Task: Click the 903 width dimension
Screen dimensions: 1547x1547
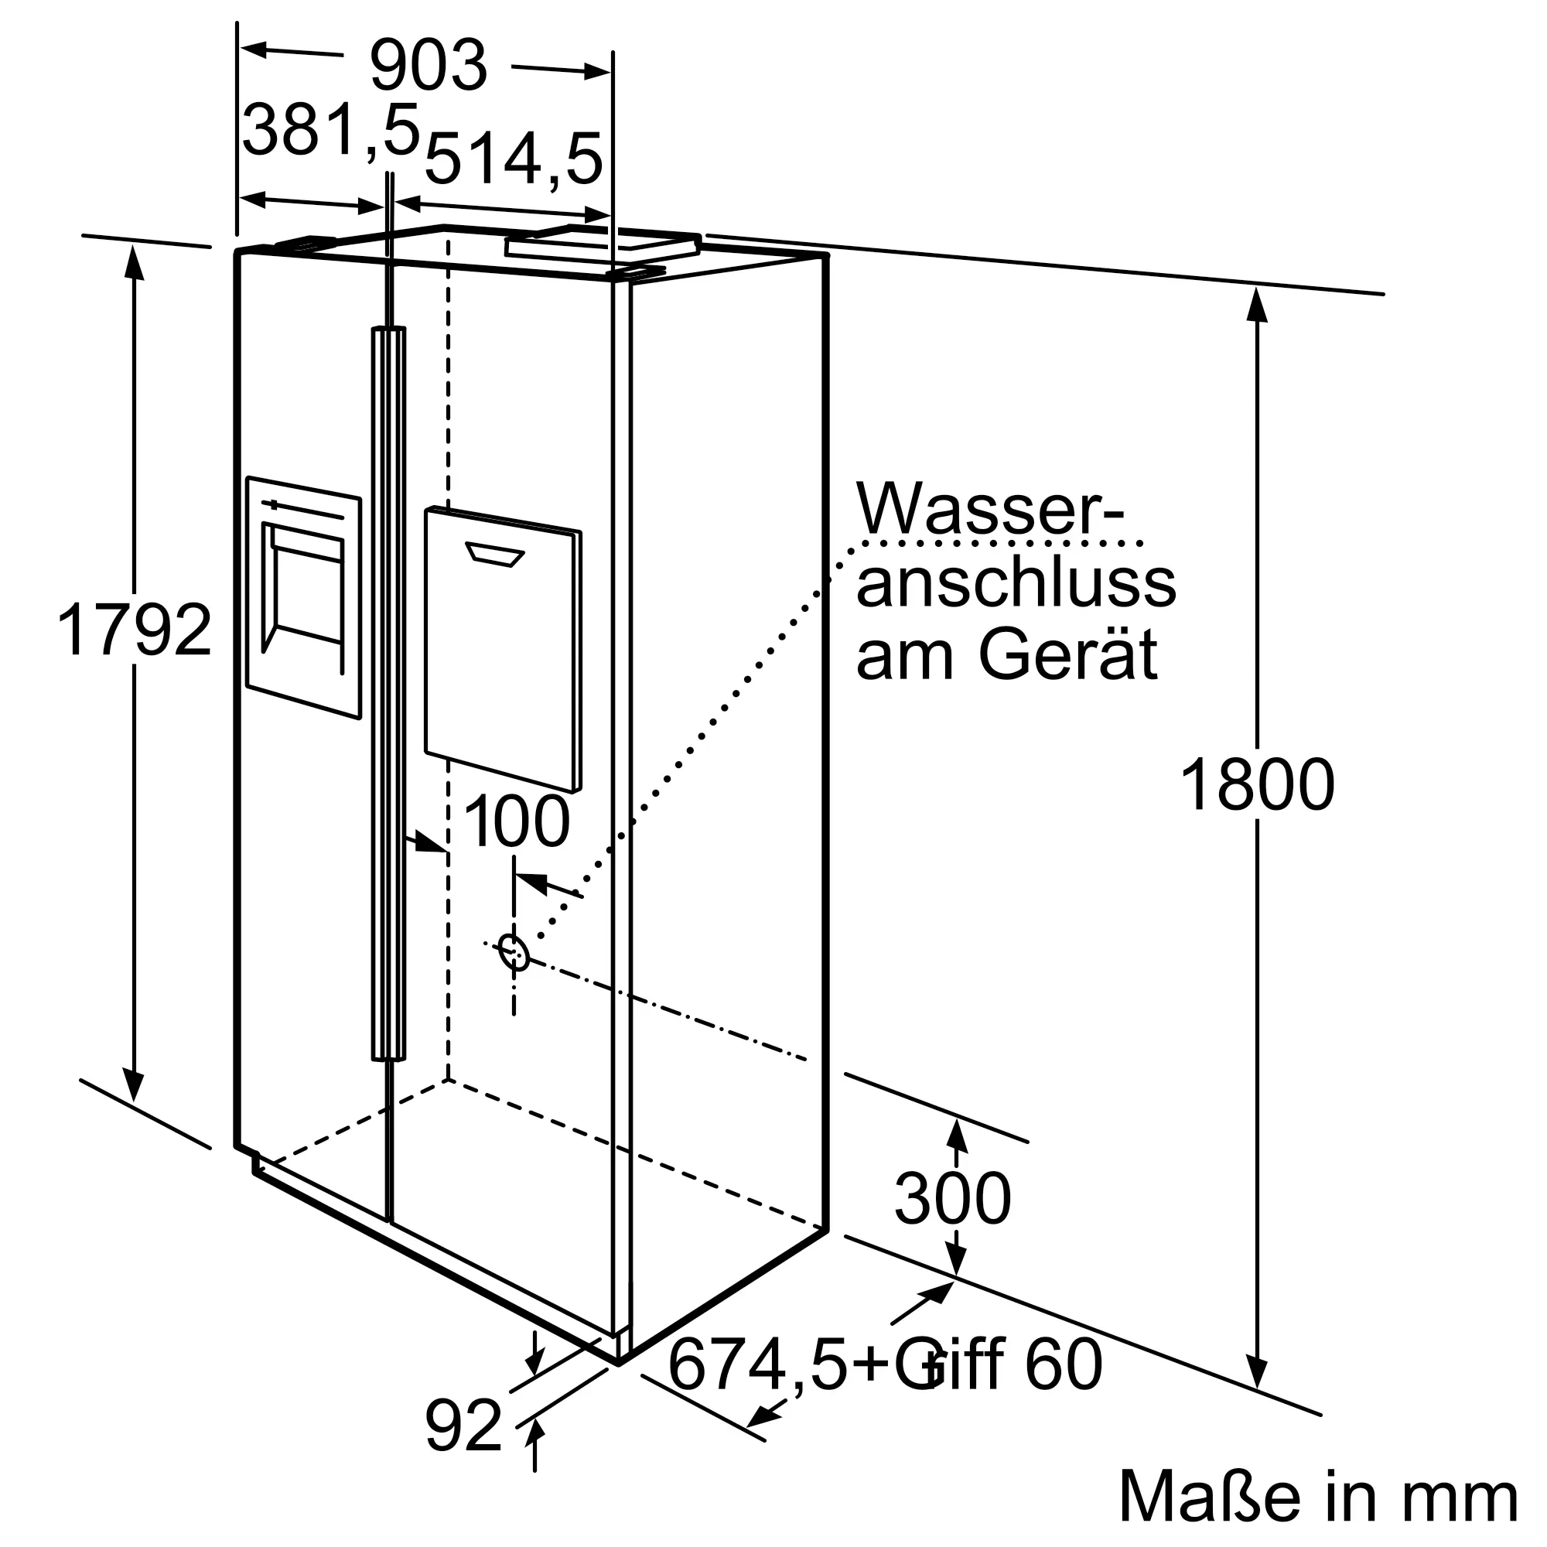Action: [x=429, y=67]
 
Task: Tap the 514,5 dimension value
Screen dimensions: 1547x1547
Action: [x=513, y=159]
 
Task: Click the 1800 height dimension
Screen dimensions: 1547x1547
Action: [x=1257, y=786]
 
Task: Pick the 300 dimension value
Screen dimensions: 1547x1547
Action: [x=953, y=1199]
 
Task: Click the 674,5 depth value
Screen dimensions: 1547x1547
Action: [x=756, y=1364]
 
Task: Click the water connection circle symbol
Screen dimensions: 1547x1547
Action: [x=514, y=952]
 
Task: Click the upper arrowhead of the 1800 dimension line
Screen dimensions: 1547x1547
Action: [x=1258, y=305]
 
